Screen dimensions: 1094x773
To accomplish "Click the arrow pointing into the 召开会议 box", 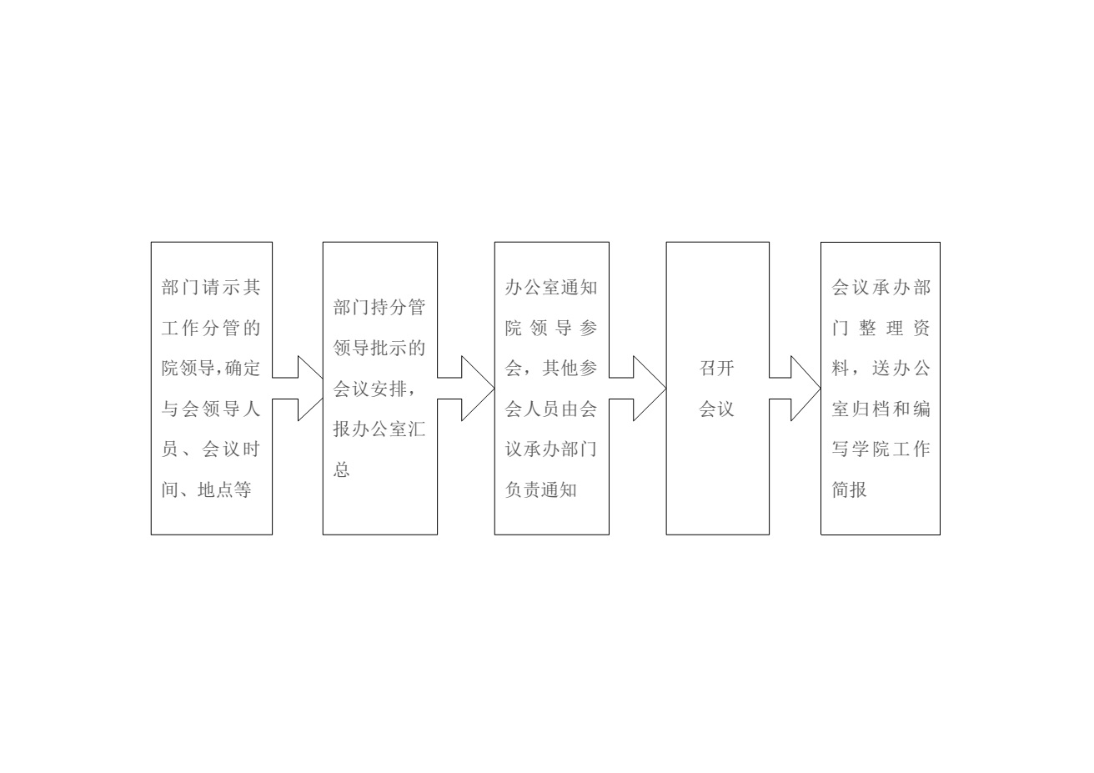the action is click(x=637, y=389).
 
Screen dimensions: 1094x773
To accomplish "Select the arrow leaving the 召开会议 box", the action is click(x=795, y=389).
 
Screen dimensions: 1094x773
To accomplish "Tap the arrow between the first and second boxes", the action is click(x=298, y=389).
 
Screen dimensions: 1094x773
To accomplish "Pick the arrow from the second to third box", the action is click(x=466, y=389).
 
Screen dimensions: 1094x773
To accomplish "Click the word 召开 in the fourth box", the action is click(x=716, y=368).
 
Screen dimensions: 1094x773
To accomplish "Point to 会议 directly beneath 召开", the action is click(x=716, y=409).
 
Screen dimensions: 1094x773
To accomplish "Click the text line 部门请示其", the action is click(x=211, y=287).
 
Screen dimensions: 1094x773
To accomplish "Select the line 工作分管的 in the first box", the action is click(x=211, y=328).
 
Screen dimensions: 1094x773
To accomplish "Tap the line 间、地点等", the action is click(x=207, y=489).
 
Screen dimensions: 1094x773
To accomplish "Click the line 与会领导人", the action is click(x=211, y=409).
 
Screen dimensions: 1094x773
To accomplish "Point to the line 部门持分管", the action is click(x=379, y=307).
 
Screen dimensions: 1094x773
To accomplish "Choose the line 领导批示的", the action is click(x=379, y=348).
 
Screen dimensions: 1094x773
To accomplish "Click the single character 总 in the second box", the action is click(x=342, y=469).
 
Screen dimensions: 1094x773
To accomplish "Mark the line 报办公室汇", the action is click(x=379, y=429).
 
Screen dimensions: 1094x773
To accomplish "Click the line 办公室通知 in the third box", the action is click(x=551, y=287).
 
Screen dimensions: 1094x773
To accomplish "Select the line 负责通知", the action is click(x=541, y=489).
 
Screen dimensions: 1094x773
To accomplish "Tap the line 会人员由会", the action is click(x=551, y=409).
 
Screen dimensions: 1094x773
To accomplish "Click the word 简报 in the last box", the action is click(x=850, y=489).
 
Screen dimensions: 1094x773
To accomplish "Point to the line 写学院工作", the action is click(x=881, y=449).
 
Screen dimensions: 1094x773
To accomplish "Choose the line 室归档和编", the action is click(x=881, y=409).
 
